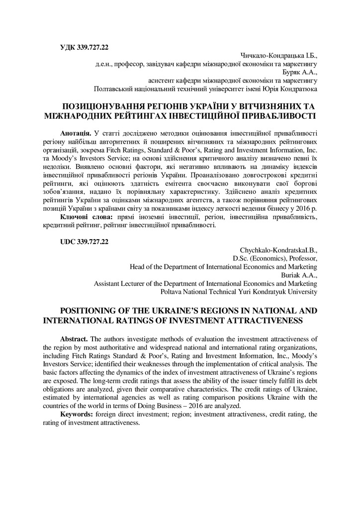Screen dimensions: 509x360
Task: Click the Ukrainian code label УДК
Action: click(68, 48)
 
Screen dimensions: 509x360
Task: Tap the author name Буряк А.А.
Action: click(302, 72)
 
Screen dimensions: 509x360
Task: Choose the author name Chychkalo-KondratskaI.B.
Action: click(278, 250)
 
